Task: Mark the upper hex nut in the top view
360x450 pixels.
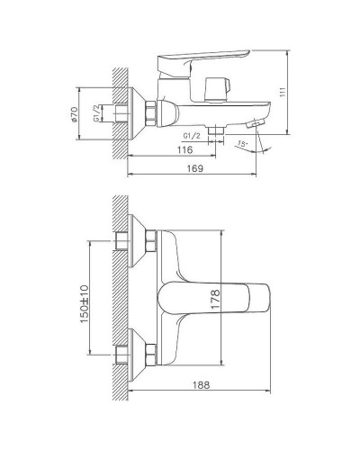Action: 149,241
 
